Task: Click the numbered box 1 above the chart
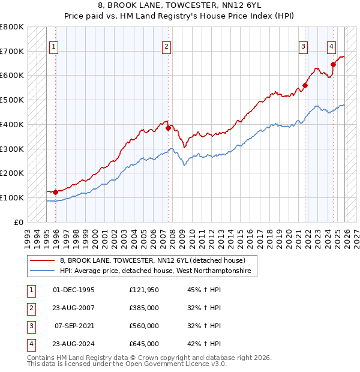(x=53, y=46)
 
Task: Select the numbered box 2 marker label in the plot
(x=166, y=46)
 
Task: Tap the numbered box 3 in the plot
(x=304, y=46)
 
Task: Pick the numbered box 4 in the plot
(x=331, y=46)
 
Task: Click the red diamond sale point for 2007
(x=168, y=128)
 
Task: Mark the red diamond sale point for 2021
(x=305, y=85)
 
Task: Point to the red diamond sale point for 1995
(x=55, y=192)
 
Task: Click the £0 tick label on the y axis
(x=18, y=222)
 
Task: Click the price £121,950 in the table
(x=143, y=290)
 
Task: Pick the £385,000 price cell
(x=143, y=308)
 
